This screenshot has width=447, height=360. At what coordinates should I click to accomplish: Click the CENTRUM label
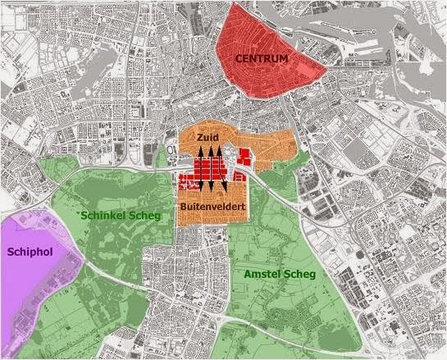coord(261,59)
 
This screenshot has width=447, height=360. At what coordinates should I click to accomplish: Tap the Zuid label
coord(208,139)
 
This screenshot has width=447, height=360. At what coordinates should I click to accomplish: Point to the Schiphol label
coord(30,253)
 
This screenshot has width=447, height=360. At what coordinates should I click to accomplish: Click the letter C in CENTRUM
coord(239,59)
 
